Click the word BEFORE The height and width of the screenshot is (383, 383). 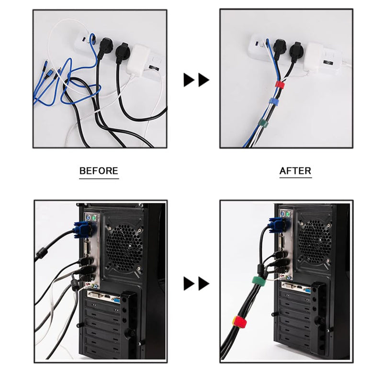tap(99, 170)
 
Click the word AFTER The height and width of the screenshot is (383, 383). tap(295, 170)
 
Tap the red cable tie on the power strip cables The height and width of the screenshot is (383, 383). tap(280, 84)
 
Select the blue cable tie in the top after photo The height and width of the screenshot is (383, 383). tap(274, 101)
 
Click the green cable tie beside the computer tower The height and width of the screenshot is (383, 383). tap(259, 281)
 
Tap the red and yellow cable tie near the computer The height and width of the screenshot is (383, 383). tap(240, 321)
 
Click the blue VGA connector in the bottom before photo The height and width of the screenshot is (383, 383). tap(82, 229)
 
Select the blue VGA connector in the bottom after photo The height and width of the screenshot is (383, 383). tap(277, 224)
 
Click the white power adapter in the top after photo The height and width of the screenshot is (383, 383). tap(315, 58)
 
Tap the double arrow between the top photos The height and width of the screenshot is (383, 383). tap(196, 80)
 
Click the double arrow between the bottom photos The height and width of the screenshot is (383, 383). tap(196, 283)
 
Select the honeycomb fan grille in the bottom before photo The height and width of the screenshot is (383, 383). tap(124, 247)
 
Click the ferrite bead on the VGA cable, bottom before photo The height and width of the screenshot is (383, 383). tap(41, 254)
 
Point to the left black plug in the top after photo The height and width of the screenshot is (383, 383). tap(279, 47)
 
